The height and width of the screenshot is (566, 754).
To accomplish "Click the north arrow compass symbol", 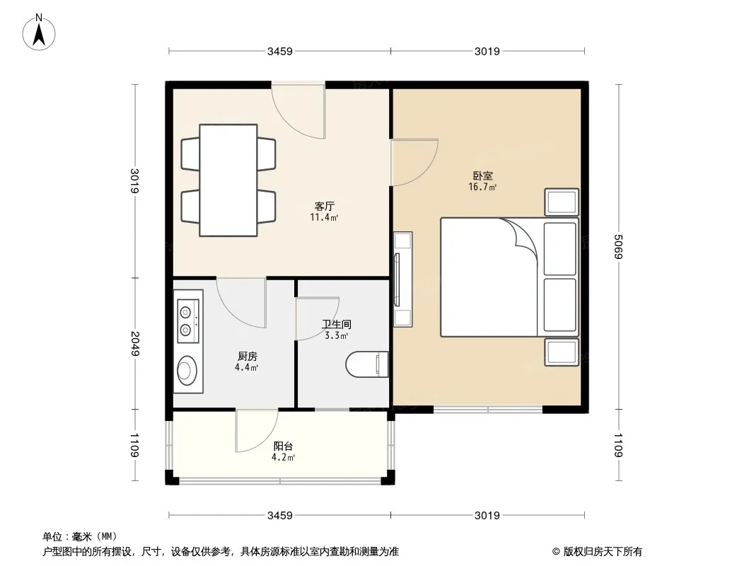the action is pos(39,33).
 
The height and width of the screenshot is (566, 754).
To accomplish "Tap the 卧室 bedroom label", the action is pos(483,176).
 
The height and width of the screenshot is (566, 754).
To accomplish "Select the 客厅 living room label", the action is pos(324,207).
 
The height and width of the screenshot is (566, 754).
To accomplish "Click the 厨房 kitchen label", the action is pos(247,357).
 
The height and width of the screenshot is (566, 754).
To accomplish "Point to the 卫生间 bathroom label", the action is pos(337,324).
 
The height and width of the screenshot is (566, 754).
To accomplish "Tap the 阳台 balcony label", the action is pos(283,446).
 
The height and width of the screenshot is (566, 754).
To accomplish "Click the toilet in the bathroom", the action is pos(367,364).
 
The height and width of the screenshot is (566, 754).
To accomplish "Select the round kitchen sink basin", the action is pos(186,370).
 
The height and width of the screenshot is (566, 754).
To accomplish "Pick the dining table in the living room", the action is pos(228,180).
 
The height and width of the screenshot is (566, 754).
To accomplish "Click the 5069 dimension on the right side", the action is pos(618,247).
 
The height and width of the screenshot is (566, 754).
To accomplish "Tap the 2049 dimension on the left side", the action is pos(134,343).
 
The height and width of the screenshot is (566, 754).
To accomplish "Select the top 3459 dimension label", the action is pos(280,51).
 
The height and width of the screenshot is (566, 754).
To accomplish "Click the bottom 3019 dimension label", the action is pos(487,516).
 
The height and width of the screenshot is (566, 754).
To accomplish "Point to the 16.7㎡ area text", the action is pos(483,187).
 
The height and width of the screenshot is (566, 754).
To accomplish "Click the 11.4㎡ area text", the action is pos(324,217).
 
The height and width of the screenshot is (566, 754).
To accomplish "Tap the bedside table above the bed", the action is pos(562,202).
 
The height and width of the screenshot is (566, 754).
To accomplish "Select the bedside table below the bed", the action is pos(562,352).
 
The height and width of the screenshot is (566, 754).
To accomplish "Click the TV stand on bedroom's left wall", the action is pos(402,279).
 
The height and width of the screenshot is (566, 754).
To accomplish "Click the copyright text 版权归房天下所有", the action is pos(603,552).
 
